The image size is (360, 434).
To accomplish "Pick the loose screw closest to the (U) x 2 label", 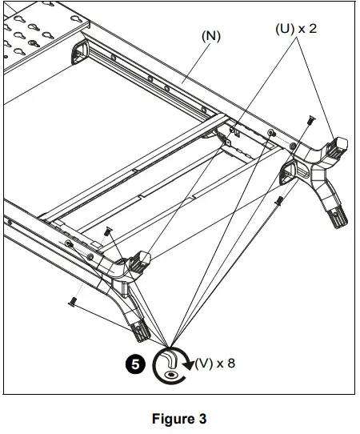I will coord(308,120).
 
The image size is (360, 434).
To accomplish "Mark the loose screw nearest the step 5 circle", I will coord(73,301).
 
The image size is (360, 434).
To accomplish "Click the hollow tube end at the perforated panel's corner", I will coord(81,53).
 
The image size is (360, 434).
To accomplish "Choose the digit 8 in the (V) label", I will coord(231,363).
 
